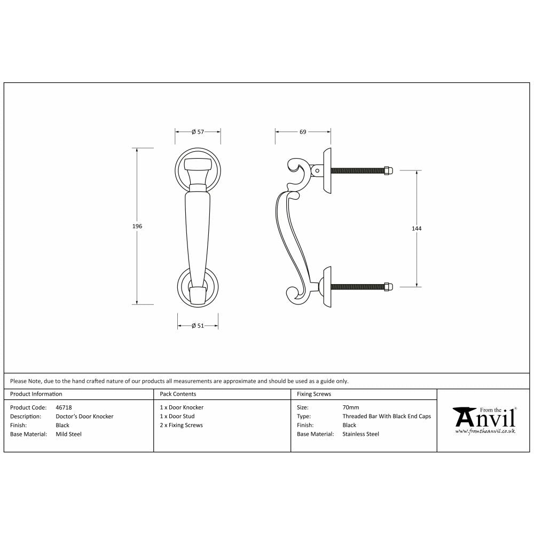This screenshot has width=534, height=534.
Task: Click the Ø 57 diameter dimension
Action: pos(198,132)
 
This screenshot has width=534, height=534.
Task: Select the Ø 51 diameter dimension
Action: pos(198,326)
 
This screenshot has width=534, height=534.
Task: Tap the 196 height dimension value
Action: pos(137,226)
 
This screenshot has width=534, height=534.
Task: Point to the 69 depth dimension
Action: pos(303,132)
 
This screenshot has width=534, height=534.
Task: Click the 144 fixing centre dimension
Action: pos(417,229)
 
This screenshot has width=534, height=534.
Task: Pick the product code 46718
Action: pos(64,407)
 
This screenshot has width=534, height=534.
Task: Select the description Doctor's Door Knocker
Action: pos(84,417)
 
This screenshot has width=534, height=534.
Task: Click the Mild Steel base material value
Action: pos(69,435)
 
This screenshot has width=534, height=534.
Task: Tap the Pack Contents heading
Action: pos(178,394)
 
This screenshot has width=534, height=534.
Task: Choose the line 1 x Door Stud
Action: pos(177,417)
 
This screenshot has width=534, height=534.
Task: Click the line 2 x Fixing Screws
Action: pos(181,426)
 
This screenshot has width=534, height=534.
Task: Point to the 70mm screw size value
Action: pos(351,407)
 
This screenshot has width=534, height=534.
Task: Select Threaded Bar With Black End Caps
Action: pos(387,417)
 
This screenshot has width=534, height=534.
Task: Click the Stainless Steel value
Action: pos(360,435)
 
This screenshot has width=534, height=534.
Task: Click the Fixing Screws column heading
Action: pos(314,394)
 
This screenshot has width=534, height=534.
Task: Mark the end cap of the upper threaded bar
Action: pos(388,171)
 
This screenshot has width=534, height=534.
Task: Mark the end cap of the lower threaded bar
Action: pos(388,287)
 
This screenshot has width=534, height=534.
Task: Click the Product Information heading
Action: pos(36,394)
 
